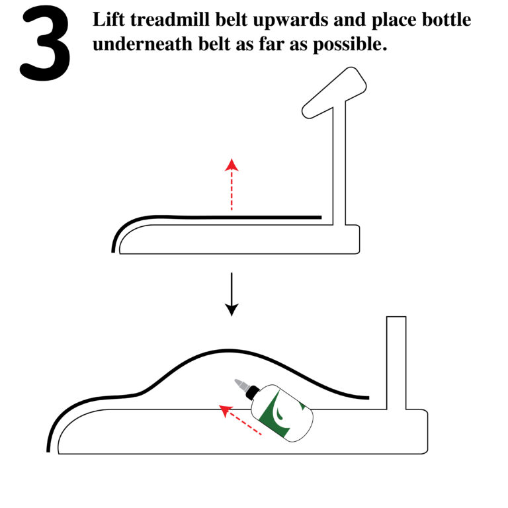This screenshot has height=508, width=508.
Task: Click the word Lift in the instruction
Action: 110,20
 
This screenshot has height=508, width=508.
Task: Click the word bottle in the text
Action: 448,20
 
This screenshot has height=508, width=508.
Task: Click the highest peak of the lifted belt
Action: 228,349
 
